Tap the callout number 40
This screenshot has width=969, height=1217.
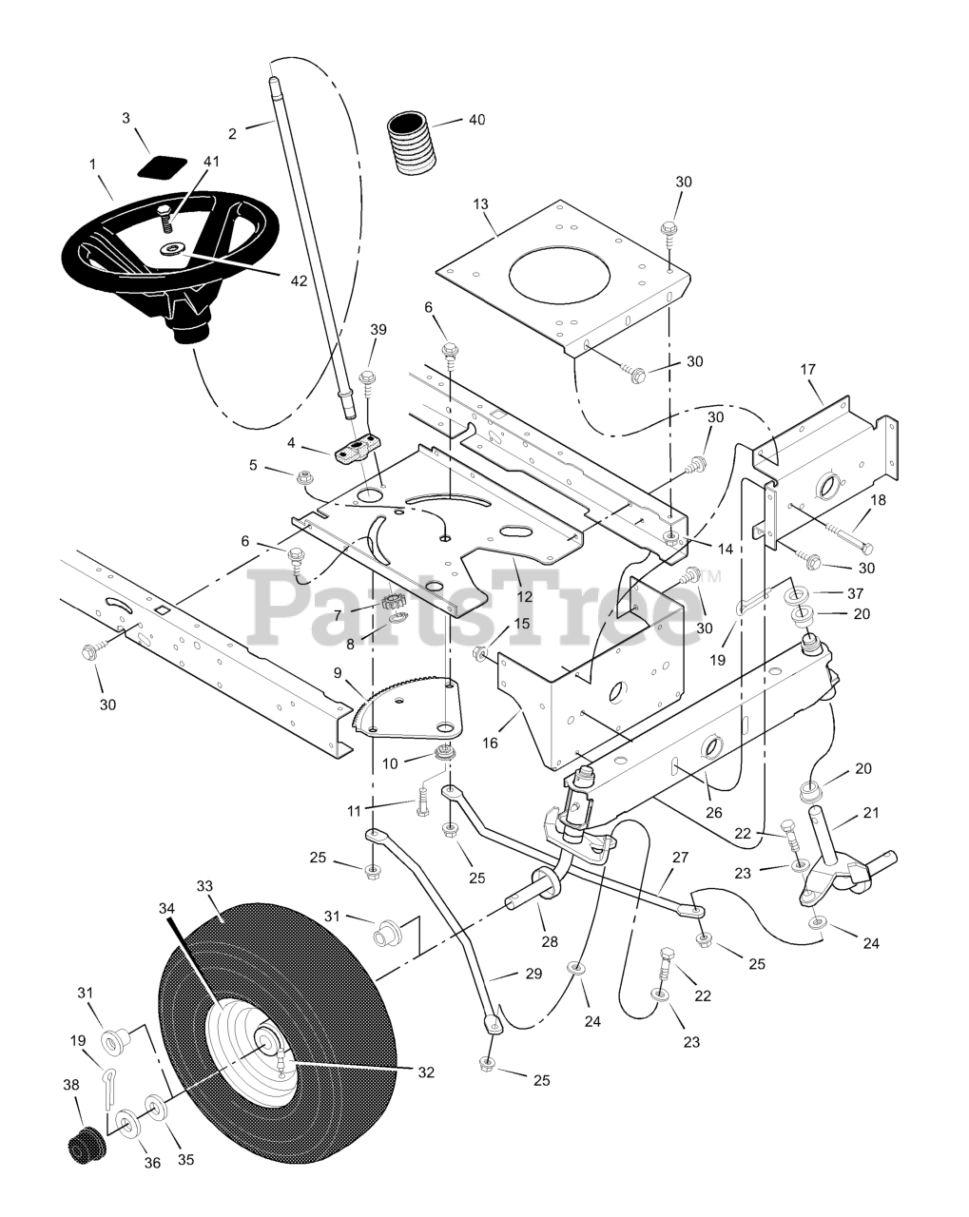click(476, 121)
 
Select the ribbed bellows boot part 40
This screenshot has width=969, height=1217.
click(413, 144)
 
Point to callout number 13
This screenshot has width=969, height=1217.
click(480, 204)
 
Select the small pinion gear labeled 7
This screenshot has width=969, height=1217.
click(396, 601)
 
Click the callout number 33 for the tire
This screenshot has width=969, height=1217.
click(204, 886)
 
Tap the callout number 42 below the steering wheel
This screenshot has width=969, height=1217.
click(300, 281)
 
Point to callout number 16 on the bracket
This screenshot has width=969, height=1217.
click(490, 742)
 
